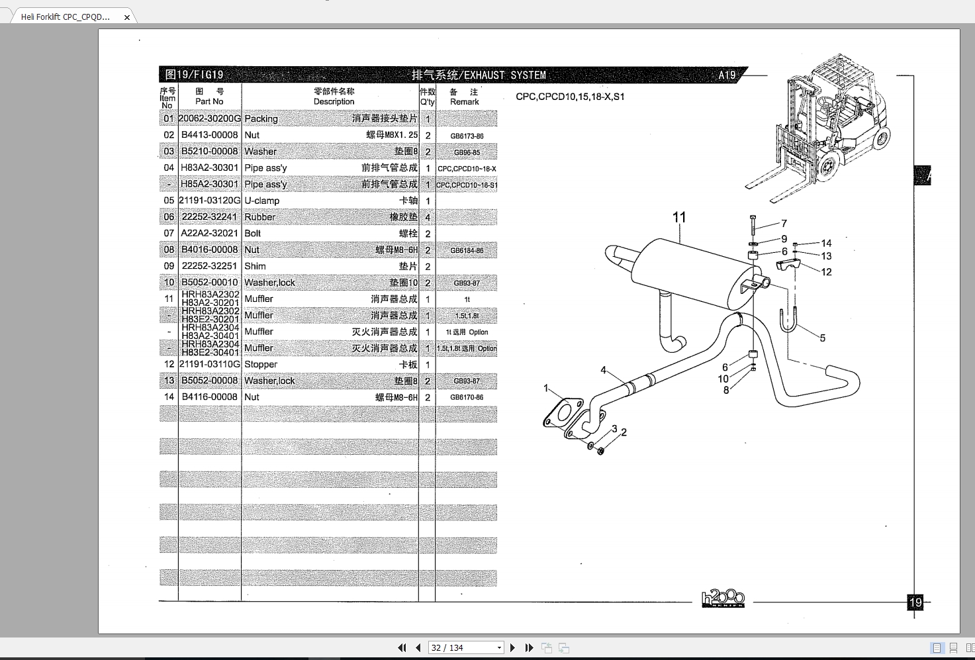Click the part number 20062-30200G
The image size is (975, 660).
(x=210, y=118)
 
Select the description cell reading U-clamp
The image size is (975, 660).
(x=262, y=201)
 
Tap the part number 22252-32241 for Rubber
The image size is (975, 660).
(x=209, y=217)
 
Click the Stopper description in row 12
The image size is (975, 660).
(x=261, y=364)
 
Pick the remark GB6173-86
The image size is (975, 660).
(x=467, y=136)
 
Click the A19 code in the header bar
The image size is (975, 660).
(x=727, y=75)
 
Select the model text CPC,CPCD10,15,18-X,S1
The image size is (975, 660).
(x=570, y=97)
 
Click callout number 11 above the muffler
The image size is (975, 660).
(x=679, y=217)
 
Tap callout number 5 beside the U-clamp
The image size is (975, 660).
(x=822, y=338)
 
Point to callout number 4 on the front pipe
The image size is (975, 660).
(x=603, y=370)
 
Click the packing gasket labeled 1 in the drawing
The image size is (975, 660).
(x=563, y=415)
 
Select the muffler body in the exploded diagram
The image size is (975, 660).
(x=688, y=271)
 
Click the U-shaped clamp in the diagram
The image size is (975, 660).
(x=788, y=321)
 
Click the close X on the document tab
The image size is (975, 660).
(x=127, y=17)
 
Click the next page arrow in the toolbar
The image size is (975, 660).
(x=512, y=647)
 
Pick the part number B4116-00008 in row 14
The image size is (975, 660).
(x=209, y=397)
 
